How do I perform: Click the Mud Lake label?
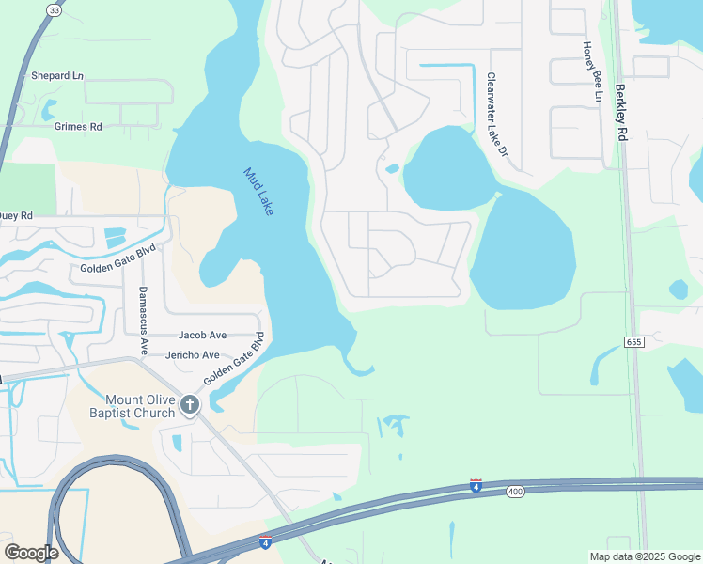(258, 192)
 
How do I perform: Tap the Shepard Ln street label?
(57, 75)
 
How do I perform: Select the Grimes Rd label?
(78, 126)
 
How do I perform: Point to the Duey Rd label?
(16, 215)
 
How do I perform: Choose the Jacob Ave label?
(203, 335)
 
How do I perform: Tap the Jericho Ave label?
(192, 355)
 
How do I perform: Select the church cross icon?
(190, 405)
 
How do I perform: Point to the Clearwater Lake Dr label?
(496, 115)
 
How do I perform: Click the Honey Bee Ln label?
(590, 70)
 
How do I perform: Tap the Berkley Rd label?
(620, 113)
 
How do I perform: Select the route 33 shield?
(55, 9)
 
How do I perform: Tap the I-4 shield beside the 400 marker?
(476, 486)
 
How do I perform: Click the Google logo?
(31, 553)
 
